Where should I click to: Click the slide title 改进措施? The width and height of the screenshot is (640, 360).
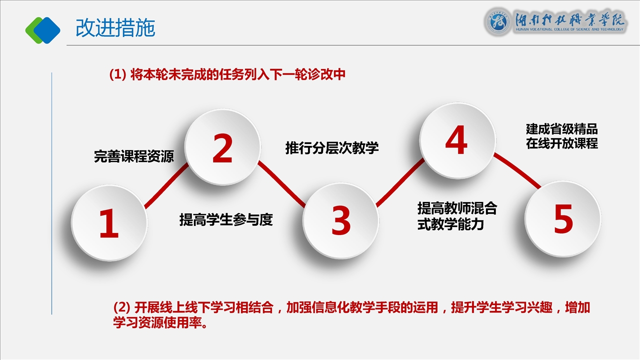pyautogui.click(x=115, y=28)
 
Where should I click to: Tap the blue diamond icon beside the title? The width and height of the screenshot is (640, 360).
pyautogui.click(x=47, y=30)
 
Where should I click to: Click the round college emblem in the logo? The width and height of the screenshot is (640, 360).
pyautogui.click(x=497, y=22)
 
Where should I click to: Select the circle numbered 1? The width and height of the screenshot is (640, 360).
pyautogui.click(x=109, y=222)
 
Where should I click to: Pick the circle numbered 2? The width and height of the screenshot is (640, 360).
pyautogui.click(x=222, y=147)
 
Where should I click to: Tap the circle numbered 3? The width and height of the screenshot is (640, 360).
pyautogui.click(x=340, y=220)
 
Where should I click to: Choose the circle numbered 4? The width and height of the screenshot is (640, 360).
pyautogui.click(x=457, y=140)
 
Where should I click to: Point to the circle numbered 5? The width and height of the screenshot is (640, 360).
pyautogui.click(x=563, y=219)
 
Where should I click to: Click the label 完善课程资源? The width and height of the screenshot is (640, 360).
pyautogui.click(x=134, y=156)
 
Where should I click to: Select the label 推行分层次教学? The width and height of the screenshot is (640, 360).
pyautogui.click(x=332, y=147)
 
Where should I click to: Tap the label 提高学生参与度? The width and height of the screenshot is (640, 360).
pyautogui.click(x=226, y=219)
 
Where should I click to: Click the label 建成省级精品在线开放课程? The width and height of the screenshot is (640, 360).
pyautogui.click(x=561, y=136)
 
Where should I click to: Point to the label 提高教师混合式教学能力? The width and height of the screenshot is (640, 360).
pyautogui.click(x=457, y=216)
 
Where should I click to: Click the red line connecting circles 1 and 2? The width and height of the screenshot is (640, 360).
pyautogui.click(x=166, y=185)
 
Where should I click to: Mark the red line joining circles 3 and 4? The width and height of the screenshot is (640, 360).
pyautogui.click(x=400, y=183)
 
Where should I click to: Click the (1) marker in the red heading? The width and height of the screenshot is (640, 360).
pyautogui.click(x=117, y=74)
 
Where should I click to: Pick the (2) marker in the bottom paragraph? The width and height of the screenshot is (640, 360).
pyautogui.click(x=122, y=307)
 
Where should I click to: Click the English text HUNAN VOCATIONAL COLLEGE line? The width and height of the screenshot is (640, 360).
pyautogui.click(x=569, y=29)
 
